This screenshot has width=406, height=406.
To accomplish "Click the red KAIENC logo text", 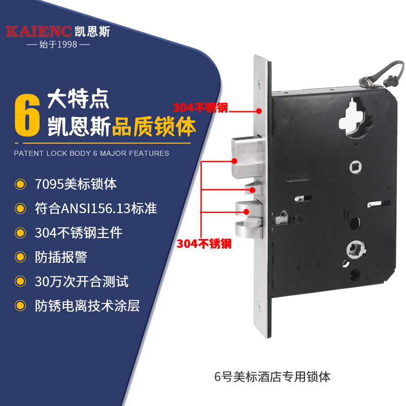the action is pyautogui.click(x=39, y=31).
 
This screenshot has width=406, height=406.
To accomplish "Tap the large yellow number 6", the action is pyautogui.click(x=27, y=115).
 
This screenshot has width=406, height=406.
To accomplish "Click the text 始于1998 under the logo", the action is pyautogui.click(x=58, y=45).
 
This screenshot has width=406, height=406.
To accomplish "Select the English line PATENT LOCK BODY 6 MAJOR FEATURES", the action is pyautogui.click(x=91, y=153).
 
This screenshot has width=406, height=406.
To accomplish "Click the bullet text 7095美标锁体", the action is pyautogui.click(x=76, y=184).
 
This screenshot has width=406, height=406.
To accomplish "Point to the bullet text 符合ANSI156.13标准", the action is pyautogui.click(x=96, y=209).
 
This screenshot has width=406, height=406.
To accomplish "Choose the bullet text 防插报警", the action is pyautogui.click(x=61, y=257).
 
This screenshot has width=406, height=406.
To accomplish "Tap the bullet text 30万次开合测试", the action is pyautogui.click(x=82, y=282).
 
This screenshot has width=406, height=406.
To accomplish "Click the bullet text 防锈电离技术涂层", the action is pyautogui.click(x=87, y=306).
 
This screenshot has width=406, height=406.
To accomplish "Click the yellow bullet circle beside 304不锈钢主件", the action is pyautogui.click(x=20, y=233).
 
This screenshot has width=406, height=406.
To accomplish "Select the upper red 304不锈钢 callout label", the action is pyautogui.click(x=200, y=108).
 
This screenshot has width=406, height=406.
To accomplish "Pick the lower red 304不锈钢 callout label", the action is pyautogui.click(x=204, y=244).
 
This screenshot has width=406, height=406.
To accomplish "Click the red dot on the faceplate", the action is pyautogui.click(x=259, y=111).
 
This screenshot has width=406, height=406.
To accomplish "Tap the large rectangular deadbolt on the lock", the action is pyautogui.click(x=247, y=157).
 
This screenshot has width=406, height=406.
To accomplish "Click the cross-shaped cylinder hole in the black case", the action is pyautogui.click(x=355, y=118).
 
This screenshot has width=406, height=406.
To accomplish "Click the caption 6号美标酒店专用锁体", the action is pyautogui.click(x=272, y=377).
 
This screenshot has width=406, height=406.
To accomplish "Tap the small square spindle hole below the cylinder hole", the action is pyautogui.click(x=356, y=167).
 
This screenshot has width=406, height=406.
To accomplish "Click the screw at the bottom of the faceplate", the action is pyautogui.click(x=259, y=306).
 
